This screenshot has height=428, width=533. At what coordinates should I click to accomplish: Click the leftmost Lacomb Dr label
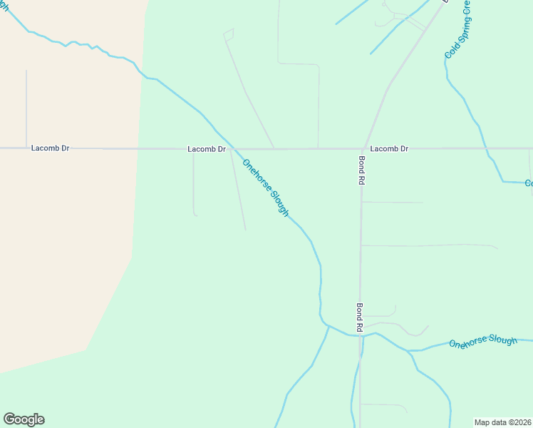(50, 148)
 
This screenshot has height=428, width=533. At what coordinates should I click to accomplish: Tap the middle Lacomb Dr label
(206, 149)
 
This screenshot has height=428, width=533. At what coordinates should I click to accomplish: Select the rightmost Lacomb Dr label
(389, 148)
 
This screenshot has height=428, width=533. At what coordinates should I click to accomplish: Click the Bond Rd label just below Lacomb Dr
(362, 171)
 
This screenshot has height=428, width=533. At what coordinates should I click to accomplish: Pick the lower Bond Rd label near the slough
(361, 317)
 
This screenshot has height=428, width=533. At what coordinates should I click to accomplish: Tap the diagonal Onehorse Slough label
(265, 188)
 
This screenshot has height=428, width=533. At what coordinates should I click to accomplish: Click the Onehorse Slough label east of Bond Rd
(482, 342)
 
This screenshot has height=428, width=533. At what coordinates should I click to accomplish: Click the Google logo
(24, 419)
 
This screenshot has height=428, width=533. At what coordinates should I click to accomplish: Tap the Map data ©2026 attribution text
(502, 422)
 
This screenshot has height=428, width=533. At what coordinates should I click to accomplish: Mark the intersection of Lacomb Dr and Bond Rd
(364, 149)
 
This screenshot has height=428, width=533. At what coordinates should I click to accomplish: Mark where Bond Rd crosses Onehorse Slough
(361, 335)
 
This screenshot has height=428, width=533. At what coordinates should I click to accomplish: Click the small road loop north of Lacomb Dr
(229, 34)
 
